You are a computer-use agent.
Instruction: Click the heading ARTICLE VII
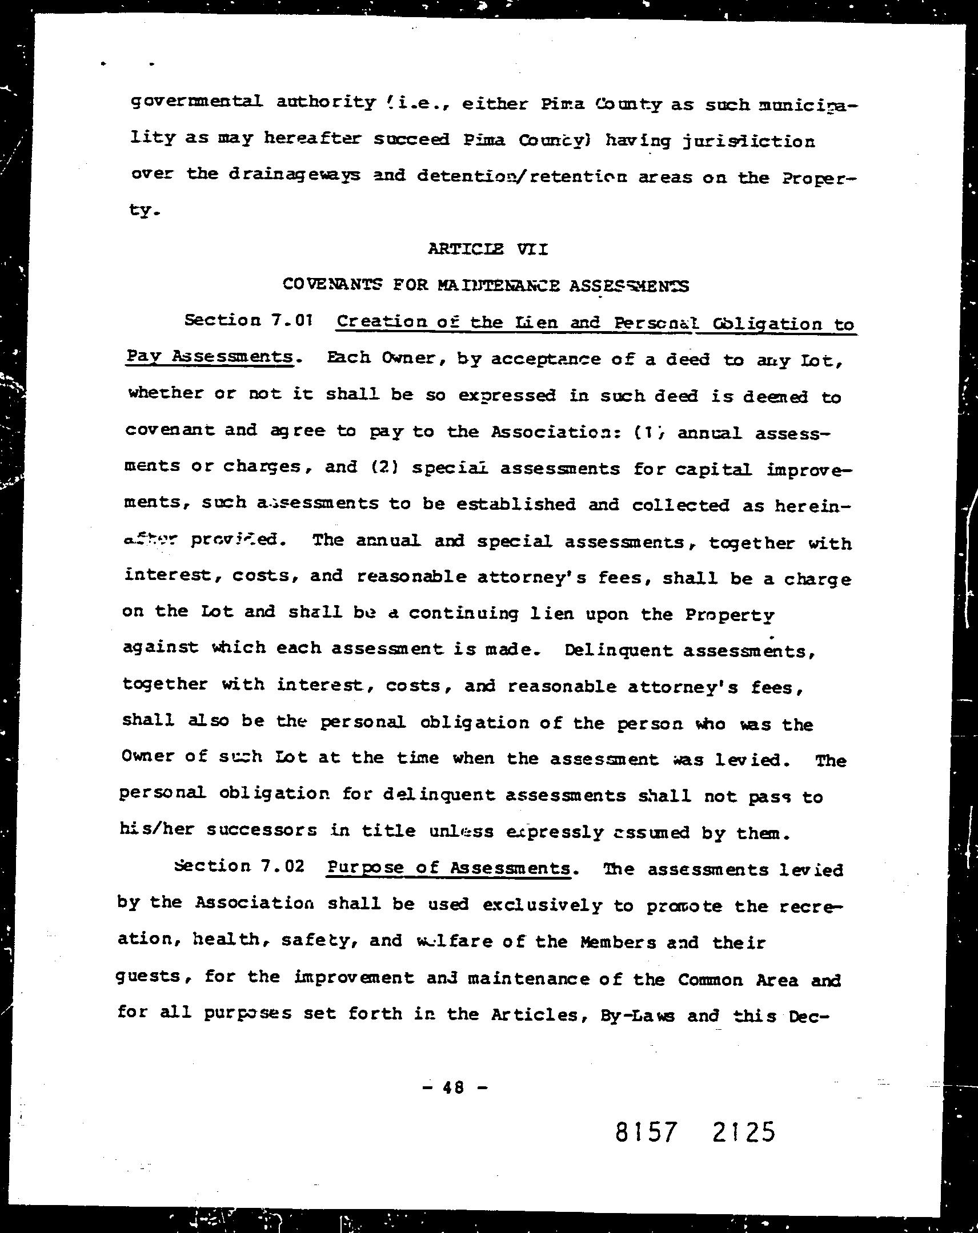point(487,249)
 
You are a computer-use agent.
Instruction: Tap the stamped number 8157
point(646,1132)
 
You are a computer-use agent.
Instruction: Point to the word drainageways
point(295,175)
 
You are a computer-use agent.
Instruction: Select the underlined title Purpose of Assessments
point(448,868)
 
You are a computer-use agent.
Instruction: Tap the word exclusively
point(542,905)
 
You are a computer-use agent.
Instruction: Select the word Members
point(618,942)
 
